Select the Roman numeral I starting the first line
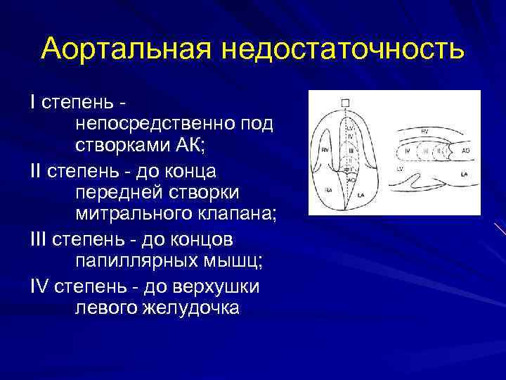tap(32, 103)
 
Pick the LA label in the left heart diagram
tap(361, 194)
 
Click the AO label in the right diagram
tap(466, 151)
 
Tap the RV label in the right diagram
tap(425, 132)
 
